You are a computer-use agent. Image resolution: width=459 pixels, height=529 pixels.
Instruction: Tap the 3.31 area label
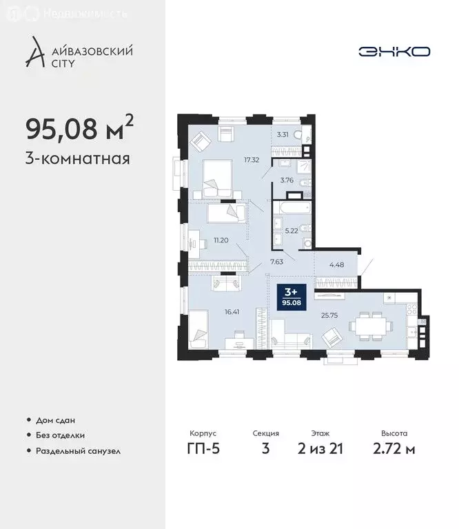click(283, 136)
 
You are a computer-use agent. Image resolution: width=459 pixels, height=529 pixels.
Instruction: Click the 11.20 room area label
click(221, 240)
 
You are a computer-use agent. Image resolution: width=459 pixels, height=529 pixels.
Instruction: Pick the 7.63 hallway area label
click(276, 262)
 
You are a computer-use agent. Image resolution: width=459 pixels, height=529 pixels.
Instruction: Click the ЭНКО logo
click(395, 51)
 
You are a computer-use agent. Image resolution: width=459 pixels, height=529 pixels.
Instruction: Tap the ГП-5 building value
click(203, 450)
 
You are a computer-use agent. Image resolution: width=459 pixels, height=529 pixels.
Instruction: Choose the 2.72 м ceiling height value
click(394, 450)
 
